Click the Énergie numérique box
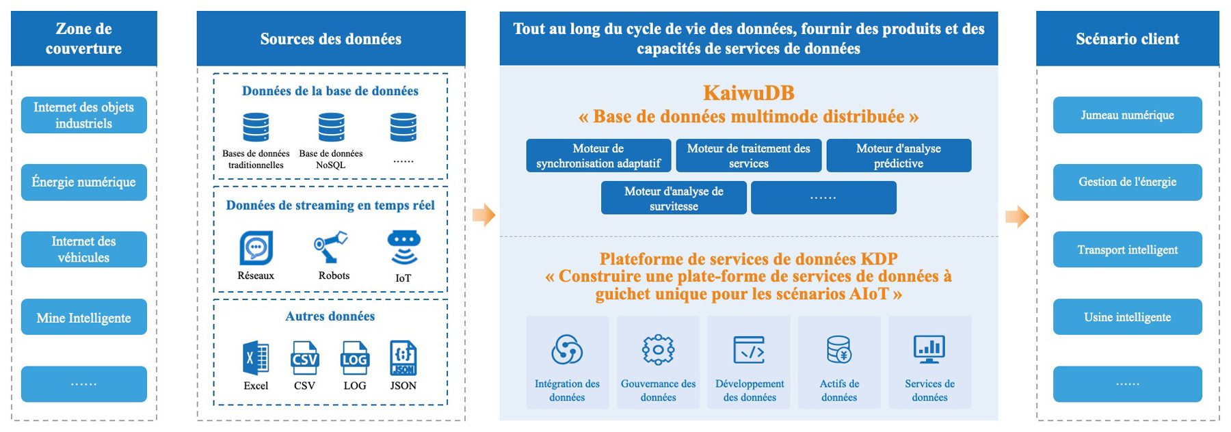pos(83,182)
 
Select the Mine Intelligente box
pos(83,317)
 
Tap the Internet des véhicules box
pos(83,249)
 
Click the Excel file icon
pos(256,357)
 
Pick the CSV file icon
pos(304,357)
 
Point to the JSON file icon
pos(403,357)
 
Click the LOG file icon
pos(354,357)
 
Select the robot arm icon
pos(332,247)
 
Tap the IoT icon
pos(403,247)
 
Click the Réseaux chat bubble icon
pos(256,247)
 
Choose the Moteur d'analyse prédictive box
pos(899,156)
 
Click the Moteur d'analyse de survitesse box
pos(674,198)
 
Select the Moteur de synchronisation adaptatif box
pos(598,156)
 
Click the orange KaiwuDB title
pos(748,93)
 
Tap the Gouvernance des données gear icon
pos(658,350)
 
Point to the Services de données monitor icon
pos(929,349)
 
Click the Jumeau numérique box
pos(1127,115)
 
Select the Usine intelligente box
pos(1127,317)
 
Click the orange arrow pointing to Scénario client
pos(1017,217)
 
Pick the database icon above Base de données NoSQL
pos(331,128)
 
